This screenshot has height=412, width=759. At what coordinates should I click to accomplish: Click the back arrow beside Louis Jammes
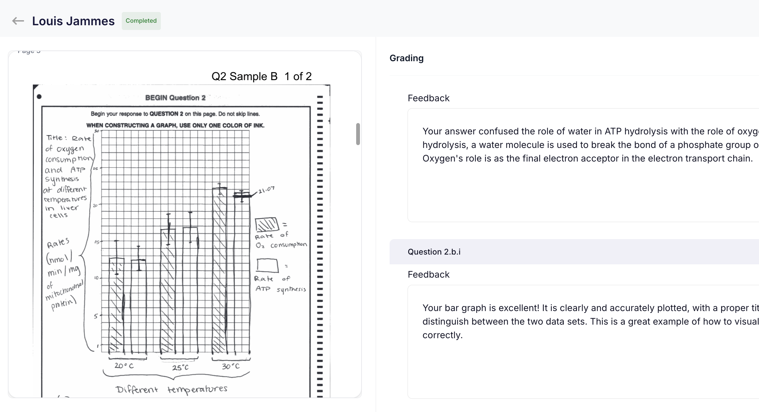click(x=18, y=21)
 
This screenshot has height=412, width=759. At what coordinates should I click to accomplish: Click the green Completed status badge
click(x=141, y=21)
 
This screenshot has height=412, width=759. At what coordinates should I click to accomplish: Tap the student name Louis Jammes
click(x=73, y=21)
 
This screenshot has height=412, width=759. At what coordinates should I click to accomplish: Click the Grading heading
click(x=406, y=58)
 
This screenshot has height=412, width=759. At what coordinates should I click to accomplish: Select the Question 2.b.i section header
click(x=434, y=252)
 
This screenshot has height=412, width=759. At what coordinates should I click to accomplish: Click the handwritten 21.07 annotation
click(x=266, y=190)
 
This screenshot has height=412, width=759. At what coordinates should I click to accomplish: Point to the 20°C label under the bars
click(x=124, y=366)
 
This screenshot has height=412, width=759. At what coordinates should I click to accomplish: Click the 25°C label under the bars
click(x=180, y=368)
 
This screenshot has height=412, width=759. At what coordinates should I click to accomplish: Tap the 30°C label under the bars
click(x=231, y=366)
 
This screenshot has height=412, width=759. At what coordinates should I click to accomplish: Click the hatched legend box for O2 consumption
click(x=267, y=225)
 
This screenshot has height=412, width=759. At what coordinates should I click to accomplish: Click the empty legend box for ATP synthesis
click(x=268, y=265)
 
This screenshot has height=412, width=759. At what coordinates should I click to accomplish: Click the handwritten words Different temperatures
click(x=171, y=389)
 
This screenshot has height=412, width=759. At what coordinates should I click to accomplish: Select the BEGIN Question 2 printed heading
click(x=175, y=98)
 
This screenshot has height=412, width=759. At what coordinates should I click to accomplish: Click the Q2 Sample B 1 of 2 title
click(x=261, y=76)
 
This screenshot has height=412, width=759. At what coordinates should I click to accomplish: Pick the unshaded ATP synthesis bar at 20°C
click(x=138, y=306)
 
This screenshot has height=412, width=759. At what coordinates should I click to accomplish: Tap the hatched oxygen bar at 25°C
click(x=168, y=290)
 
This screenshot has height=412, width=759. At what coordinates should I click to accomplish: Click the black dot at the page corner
click(x=39, y=97)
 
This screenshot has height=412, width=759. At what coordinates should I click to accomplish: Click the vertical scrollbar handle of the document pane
click(x=358, y=134)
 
